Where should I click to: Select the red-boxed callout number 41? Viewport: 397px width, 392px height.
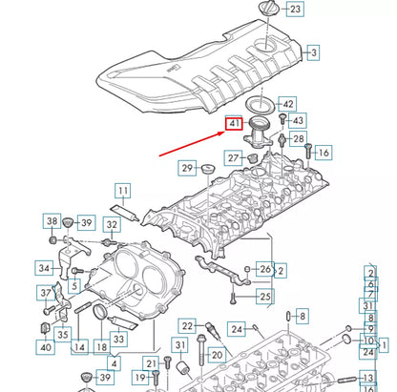coord(234,123)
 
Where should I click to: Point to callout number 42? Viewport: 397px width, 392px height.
coord(287,104)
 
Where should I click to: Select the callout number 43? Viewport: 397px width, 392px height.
coord(298,121)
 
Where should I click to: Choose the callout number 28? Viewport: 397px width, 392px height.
coord(298,140)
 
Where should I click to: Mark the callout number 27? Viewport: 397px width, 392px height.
coord(232,157)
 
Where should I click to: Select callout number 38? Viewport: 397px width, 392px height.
coord(52,222)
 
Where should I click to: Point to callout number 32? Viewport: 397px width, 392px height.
coord(112,226)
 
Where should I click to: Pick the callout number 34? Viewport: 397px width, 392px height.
coord(44,268)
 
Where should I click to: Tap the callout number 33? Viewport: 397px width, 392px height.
coord(119,339)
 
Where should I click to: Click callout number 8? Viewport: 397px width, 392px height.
coord(302,316)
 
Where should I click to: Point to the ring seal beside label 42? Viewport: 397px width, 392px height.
coord(258,104)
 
